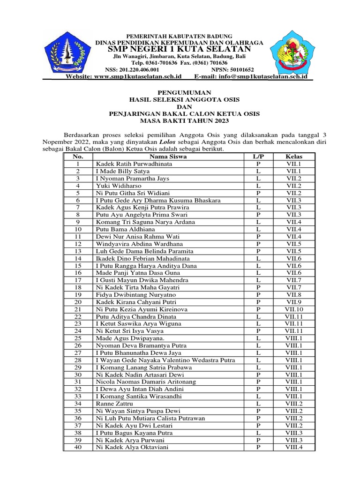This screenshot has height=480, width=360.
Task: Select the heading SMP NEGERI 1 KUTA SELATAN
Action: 180,50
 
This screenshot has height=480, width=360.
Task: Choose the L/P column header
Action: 258,157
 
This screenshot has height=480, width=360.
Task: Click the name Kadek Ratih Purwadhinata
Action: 134,164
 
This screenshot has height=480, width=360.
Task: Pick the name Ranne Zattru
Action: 114,404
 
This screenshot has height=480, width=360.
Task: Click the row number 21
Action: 78,309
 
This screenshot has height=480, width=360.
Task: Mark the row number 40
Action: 78,447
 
